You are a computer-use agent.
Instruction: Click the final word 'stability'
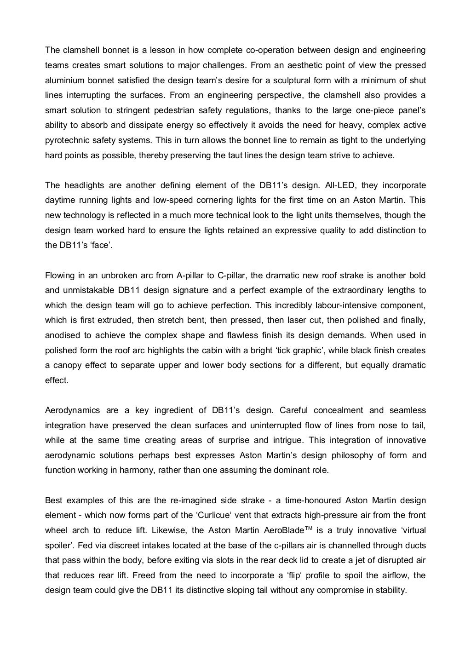pyautogui.click(x=391, y=590)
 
